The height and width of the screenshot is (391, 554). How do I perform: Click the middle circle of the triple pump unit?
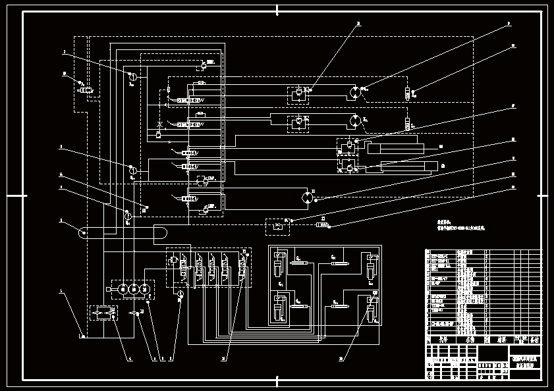134,289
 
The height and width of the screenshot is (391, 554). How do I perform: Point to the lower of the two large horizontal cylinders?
399,166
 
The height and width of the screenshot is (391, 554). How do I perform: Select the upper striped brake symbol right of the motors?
407,93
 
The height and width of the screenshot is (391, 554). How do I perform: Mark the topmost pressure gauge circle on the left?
131,76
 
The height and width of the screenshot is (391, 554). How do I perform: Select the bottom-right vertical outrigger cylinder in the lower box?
372,309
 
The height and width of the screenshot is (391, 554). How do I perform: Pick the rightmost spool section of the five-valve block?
243,267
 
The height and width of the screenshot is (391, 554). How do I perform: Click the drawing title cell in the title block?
526,361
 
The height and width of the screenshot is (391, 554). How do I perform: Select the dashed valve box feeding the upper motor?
298,93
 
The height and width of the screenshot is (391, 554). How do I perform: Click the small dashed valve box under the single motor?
277,226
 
